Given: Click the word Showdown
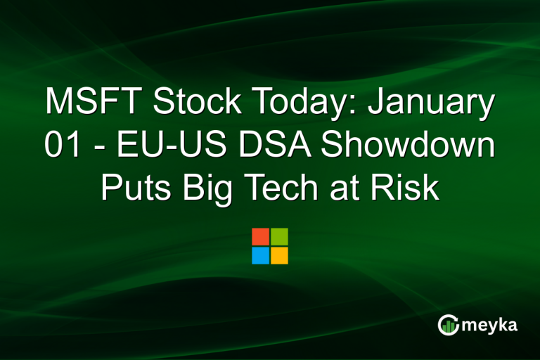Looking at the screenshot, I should coord(404,148).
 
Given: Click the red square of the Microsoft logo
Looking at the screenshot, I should coord(261,236).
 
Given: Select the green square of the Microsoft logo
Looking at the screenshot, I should coord(279,236).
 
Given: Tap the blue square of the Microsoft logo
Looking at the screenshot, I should coord(261,255).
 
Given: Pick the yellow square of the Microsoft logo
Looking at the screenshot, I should coord(279,255).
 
